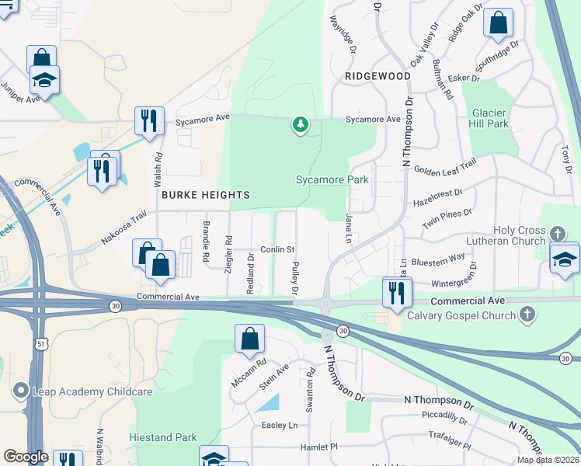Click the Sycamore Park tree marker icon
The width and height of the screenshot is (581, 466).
[301, 124]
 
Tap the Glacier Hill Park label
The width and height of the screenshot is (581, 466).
[489, 117]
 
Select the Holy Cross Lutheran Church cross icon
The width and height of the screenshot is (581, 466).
[557, 234]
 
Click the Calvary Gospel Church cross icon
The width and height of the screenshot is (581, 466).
[527, 315]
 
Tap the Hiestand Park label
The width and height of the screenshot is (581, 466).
[163, 437]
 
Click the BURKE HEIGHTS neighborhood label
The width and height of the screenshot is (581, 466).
[206, 195]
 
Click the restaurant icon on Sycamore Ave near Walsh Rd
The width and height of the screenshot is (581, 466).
[147, 120]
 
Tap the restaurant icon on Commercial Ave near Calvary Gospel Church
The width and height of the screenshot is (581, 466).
[396, 293]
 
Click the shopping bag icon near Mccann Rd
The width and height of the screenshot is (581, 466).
[250, 339]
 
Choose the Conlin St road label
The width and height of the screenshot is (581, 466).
[277, 249]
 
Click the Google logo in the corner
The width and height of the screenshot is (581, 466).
[26, 457]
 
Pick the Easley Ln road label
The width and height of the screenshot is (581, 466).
[280, 425]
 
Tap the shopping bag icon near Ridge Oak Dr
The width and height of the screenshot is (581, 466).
[498, 23]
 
